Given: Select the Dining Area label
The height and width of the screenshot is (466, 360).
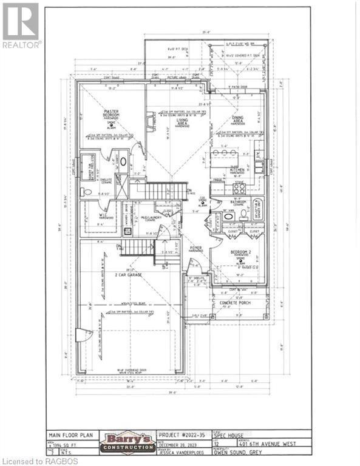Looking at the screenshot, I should (x=237, y=121).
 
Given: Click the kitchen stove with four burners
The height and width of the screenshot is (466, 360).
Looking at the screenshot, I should (x=239, y=189).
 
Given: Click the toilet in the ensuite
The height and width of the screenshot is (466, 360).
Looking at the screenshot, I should (x=87, y=192).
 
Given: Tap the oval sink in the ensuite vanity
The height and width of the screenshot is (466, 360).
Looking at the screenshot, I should (x=123, y=163).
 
